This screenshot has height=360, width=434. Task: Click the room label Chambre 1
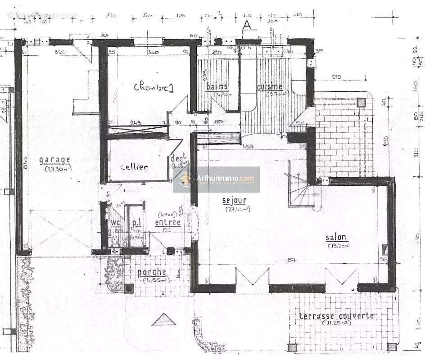pos(154,87)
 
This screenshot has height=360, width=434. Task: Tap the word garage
pos(54,160)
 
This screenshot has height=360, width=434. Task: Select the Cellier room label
pos(134,167)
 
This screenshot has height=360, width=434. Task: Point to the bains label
pos(217,86)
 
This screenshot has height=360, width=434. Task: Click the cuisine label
pos(270,86)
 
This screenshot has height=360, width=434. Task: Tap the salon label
pos(336,238)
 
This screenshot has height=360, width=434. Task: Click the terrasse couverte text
pos(336,316)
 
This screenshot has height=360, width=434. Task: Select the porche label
pos(152,272)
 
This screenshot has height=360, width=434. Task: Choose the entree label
pos(167,222)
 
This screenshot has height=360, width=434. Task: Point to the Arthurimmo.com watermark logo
pos(217,179)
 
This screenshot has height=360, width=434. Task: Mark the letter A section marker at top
pos(246,26)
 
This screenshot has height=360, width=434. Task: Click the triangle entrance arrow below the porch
pos(160,320)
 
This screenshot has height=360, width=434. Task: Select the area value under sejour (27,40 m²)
pos(237,209)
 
